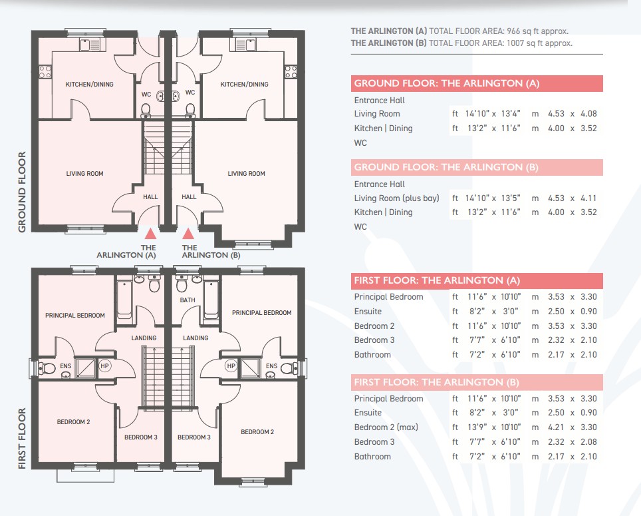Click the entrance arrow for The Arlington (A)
click(x=150, y=234)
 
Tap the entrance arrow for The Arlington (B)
click(x=188, y=234)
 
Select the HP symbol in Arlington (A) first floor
click(x=104, y=366)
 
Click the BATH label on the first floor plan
click(x=188, y=300)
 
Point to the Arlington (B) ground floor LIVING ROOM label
click(x=246, y=174)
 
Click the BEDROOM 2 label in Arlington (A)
click(x=73, y=422)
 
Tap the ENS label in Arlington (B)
click(x=271, y=366)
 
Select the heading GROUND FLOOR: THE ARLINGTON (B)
click(x=446, y=167)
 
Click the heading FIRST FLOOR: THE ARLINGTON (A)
click(x=437, y=281)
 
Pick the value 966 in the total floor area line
click(x=514, y=31)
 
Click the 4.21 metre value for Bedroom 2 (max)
click(x=556, y=427)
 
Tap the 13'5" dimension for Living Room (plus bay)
click(x=511, y=198)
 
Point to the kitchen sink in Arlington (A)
click(x=90, y=45)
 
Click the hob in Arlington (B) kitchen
click(x=291, y=72)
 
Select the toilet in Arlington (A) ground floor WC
click(x=146, y=111)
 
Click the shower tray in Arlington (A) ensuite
click(x=85, y=368)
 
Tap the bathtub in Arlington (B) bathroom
click(x=211, y=300)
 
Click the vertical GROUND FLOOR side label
click(x=22, y=192)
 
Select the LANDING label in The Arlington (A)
click(x=144, y=338)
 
